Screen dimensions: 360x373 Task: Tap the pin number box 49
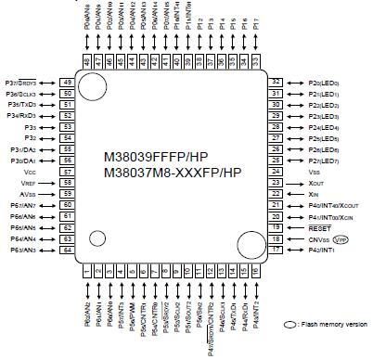click(68, 82)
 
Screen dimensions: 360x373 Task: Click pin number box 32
click(276, 82)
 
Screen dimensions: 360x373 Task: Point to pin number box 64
click(68, 250)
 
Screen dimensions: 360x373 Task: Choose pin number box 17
click(276, 250)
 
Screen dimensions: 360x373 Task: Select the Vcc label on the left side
click(30, 172)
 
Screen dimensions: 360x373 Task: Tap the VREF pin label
click(28, 183)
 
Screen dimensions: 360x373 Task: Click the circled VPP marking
click(340, 238)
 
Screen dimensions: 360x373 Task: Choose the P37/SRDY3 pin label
click(25, 82)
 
